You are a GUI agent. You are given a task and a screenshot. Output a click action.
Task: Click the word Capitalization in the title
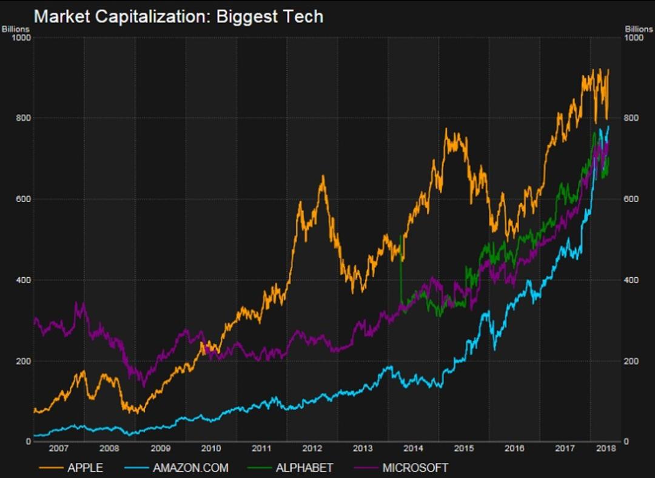pyautogui.click(x=152, y=18)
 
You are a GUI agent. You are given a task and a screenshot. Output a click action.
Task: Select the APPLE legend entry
pyautogui.click(x=86, y=468)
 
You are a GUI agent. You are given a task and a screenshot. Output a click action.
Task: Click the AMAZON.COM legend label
pyautogui.click(x=190, y=468)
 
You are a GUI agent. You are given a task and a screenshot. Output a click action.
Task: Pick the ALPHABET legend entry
pyautogui.click(x=304, y=468)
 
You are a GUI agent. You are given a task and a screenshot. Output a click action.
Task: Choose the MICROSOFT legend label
pyautogui.click(x=415, y=468)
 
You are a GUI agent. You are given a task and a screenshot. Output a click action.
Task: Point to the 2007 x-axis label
pyautogui.click(x=58, y=448)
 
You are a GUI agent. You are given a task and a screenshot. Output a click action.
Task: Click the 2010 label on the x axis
pyautogui.click(x=211, y=448)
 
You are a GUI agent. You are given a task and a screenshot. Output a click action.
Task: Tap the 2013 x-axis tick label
pyautogui.click(x=363, y=448)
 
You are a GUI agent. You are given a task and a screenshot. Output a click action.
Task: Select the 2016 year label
pyautogui.click(x=514, y=448)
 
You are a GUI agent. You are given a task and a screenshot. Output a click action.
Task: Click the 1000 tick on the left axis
pyautogui.click(x=22, y=38)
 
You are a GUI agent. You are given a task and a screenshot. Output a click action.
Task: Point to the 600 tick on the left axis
pyautogui.click(x=24, y=199)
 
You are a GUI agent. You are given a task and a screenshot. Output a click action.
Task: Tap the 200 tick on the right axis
pyautogui.click(x=631, y=361)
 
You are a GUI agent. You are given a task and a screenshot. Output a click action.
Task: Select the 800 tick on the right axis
pyautogui.click(x=631, y=118)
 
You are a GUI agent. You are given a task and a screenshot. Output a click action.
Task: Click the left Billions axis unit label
pyautogui.click(x=16, y=29)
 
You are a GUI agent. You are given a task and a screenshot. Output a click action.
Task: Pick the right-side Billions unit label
pyautogui.click(x=639, y=29)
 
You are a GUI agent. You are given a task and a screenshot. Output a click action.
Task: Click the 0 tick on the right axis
pyautogui.click(x=626, y=441)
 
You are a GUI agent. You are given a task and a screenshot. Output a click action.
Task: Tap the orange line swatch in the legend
pyautogui.click(x=52, y=468)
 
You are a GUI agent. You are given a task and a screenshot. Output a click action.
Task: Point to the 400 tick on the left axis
pyautogui.click(x=24, y=280)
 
